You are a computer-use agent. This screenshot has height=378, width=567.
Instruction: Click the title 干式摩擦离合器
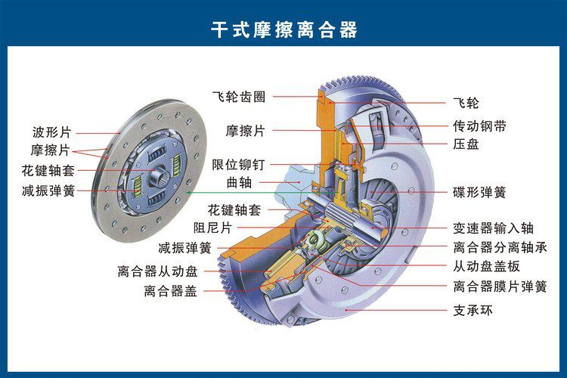(283, 29)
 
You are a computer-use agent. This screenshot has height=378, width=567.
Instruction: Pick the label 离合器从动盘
(157, 271)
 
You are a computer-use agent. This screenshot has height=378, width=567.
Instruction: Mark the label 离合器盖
(170, 290)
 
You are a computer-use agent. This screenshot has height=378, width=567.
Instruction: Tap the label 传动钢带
(479, 125)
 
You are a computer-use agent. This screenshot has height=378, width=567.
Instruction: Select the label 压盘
(466, 144)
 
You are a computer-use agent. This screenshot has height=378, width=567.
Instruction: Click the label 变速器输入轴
(493, 228)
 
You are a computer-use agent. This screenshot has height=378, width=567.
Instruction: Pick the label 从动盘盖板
(486, 266)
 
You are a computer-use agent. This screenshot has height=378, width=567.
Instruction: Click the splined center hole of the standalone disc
(161, 179)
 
